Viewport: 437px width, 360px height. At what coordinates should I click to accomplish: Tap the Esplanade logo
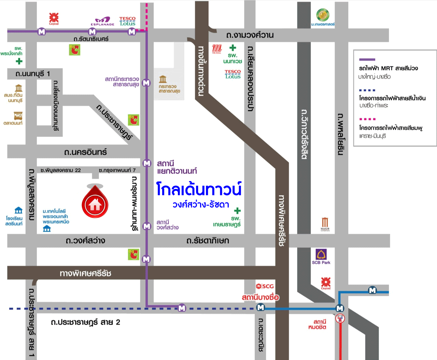pos(102,21)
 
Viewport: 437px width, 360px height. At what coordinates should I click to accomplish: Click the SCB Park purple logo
pos(321,254)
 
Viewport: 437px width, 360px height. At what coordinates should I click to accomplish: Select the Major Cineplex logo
pos(325,224)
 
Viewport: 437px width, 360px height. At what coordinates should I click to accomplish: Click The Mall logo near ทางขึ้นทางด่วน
pos(217,49)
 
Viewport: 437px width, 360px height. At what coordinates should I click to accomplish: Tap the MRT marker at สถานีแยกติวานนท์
pos(147,163)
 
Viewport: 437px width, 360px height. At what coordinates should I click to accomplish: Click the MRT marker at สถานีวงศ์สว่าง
pos(147,226)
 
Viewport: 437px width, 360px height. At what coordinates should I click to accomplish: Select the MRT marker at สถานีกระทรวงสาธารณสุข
pos(146,83)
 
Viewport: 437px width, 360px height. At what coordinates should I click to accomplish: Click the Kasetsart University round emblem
pos(323,15)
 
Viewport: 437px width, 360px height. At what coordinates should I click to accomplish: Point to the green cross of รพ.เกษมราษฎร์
pos(237,211)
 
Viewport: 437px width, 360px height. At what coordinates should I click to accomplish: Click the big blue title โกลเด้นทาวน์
pos(199,189)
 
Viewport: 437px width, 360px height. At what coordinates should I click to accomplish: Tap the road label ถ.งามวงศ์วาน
pos(250,35)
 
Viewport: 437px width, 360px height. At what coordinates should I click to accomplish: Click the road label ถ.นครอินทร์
pos(85,152)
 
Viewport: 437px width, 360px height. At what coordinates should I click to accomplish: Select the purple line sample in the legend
pos(367,59)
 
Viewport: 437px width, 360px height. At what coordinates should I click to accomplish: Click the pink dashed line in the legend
pos(367,119)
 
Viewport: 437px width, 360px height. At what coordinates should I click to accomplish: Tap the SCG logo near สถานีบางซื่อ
pos(265,286)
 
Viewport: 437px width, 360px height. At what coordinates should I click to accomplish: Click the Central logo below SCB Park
pos(326,282)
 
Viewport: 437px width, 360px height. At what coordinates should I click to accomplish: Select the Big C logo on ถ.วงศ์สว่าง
pos(133,254)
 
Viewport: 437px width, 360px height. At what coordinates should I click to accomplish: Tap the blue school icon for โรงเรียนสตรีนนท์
pos(18,210)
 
